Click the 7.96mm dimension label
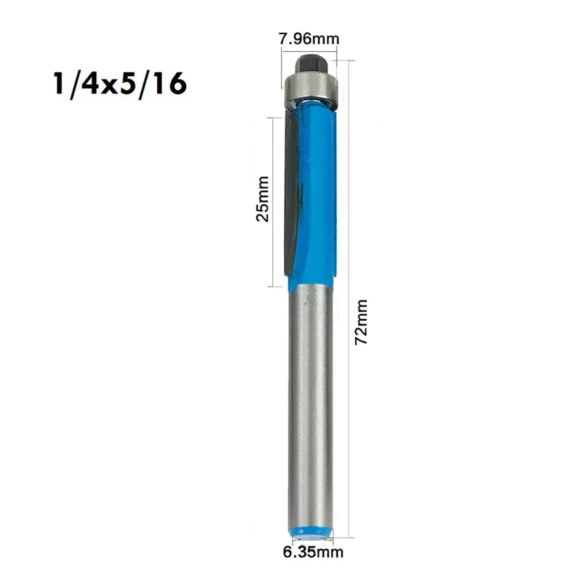309,39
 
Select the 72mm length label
362,322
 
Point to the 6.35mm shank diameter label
313,552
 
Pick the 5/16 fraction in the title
157,84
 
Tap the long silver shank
311,406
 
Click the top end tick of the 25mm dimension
279,117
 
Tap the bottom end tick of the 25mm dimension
279,287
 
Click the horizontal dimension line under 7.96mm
309,52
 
